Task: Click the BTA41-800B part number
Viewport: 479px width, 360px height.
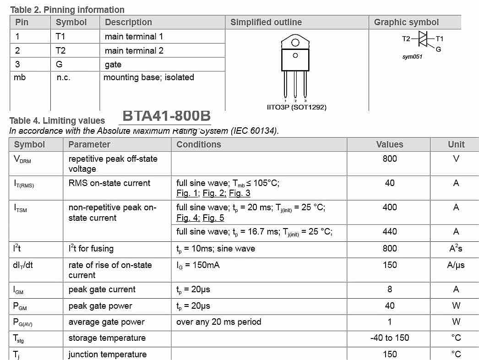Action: [x=166, y=116]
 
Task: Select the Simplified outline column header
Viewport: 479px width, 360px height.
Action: [x=266, y=22]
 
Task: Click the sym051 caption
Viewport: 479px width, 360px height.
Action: [x=412, y=57]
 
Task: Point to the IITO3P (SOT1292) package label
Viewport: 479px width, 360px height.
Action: [x=296, y=107]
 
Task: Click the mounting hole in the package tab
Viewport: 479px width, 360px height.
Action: [x=295, y=43]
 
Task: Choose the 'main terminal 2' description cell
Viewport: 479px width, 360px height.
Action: [x=134, y=50]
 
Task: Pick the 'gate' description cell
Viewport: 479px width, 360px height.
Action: [x=113, y=65]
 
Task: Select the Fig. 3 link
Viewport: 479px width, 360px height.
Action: [x=239, y=193]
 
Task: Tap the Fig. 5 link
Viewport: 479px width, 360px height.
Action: [x=213, y=218]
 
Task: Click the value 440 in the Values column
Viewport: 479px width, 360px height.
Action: [x=390, y=232]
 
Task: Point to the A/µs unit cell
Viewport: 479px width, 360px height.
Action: [x=456, y=265]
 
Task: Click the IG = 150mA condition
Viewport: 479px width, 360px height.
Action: [x=198, y=265]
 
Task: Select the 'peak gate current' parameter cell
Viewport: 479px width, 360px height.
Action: [x=102, y=289]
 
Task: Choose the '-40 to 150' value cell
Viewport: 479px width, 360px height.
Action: [x=390, y=338]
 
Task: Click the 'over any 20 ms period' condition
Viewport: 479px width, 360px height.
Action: [x=219, y=322]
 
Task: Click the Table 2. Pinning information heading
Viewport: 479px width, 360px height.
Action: [x=67, y=10]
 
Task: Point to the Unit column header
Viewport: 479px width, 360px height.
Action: [x=456, y=144]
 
